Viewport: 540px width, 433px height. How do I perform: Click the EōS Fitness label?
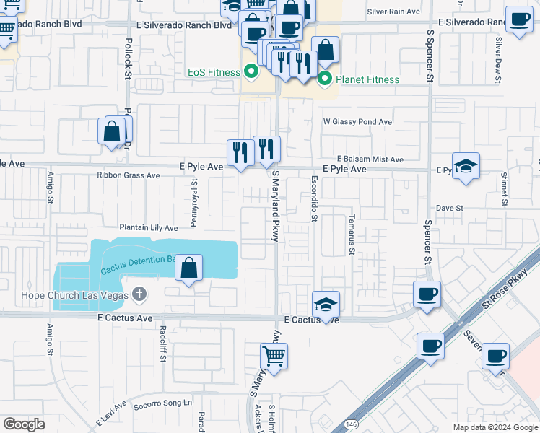pos(214,72)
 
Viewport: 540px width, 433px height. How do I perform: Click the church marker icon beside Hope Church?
pos(140,294)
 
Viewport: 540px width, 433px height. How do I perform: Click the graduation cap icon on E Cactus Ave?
pos(326,303)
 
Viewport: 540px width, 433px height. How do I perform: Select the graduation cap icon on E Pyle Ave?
pos(466,165)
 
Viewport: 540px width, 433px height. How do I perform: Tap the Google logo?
pos(24,424)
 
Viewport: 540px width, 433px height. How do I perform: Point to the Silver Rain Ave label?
pos(393,12)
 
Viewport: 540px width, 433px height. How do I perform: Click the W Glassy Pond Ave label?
pos(357,122)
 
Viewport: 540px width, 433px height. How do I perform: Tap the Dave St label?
pos(448,208)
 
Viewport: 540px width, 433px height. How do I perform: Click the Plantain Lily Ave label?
pos(148,228)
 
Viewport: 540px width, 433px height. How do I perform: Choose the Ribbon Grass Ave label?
pos(129,175)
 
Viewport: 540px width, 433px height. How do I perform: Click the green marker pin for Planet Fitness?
pos(325,79)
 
